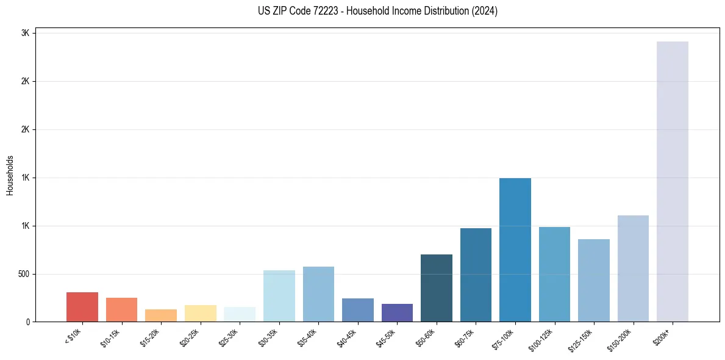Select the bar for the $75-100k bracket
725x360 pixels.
(x=515, y=250)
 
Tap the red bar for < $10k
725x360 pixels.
(x=82, y=307)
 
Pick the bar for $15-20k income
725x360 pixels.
(x=161, y=315)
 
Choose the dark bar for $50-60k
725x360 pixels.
(x=436, y=288)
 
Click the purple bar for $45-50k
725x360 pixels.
(x=397, y=312)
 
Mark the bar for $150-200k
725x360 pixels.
(x=633, y=268)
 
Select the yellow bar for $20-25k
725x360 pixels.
(x=200, y=313)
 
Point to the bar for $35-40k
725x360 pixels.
(x=318, y=294)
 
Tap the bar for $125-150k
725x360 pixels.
(x=593, y=280)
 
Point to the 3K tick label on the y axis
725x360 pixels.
(x=25, y=33)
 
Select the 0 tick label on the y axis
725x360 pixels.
(x=27, y=322)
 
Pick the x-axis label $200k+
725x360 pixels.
(x=669, y=335)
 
